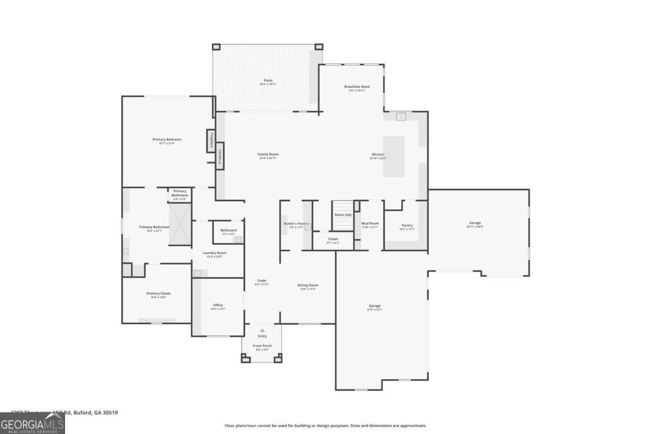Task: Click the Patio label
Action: tap(268, 80)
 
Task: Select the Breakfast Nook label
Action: tap(356, 87)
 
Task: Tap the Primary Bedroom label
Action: tap(167, 139)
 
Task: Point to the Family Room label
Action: tap(267, 154)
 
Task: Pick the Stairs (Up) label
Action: tap(343, 215)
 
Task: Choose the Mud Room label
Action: tap(370, 224)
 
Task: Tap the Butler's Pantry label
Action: tap(296, 224)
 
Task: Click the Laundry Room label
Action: tap(214, 253)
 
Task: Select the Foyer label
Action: tap(261, 280)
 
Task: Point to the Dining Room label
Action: tap(308, 285)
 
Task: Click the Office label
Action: tap(218, 305)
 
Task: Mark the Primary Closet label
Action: tap(158, 293)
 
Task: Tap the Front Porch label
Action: tap(262, 346)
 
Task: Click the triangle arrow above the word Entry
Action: tap(262, 330)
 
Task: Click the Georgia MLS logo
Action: tap(33, 423)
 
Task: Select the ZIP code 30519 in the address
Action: tap(110, 412)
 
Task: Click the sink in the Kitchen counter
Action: tap(401, 116)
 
